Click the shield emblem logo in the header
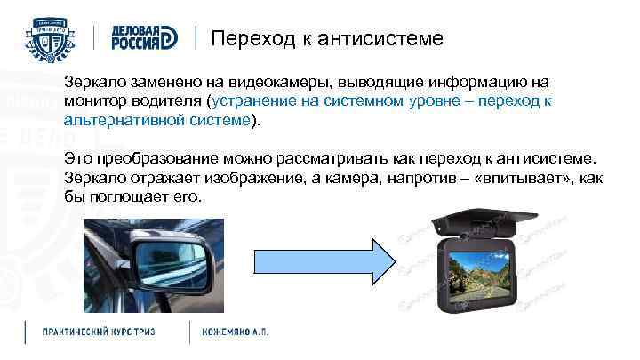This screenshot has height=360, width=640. click(x=53, y=37)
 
